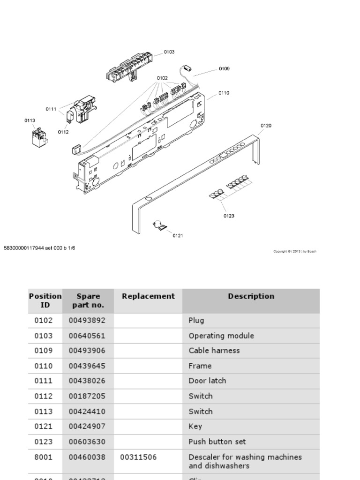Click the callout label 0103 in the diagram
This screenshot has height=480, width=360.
(x=169, y=52)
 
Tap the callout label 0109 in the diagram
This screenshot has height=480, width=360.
(x=224, y=68)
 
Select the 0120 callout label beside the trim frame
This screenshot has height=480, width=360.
(x=266, y=126)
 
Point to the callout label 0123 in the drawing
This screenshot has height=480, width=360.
(x=229, y=216)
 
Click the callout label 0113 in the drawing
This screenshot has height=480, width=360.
(x=30, y=120)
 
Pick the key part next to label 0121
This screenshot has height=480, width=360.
(x=160, y=226)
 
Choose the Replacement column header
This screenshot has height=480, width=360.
(x=148, y=296)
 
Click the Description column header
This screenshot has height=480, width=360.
(x=251, y=296)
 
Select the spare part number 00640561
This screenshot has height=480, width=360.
(x=87, y=336)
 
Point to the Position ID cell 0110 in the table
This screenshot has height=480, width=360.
(x=44, y=366)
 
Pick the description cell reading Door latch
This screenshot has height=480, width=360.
(x=207, y=381)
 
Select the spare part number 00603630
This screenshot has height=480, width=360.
(x=87, y=442)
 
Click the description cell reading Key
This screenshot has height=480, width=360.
(x=195, y=427)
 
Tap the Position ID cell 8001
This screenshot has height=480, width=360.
(x=44, y=457)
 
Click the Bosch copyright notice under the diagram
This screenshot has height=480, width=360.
(x=295, y=251)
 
